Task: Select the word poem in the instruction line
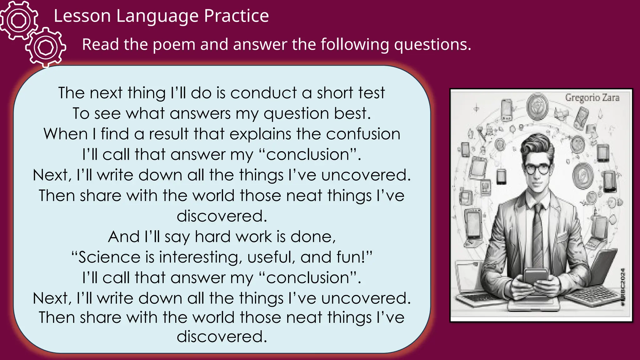pyautogui.click(x=174, y=44)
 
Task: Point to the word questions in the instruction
pyautogui.click(x=432, y=44)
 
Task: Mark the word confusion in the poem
pyautogui.click(x=363, y=134)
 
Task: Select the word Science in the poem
pyautogui.click(x=106, y=257)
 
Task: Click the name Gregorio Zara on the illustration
pyautogui.click(x=592, y=98)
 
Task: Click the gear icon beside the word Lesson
pyautogui.click(x=19, y=21)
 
